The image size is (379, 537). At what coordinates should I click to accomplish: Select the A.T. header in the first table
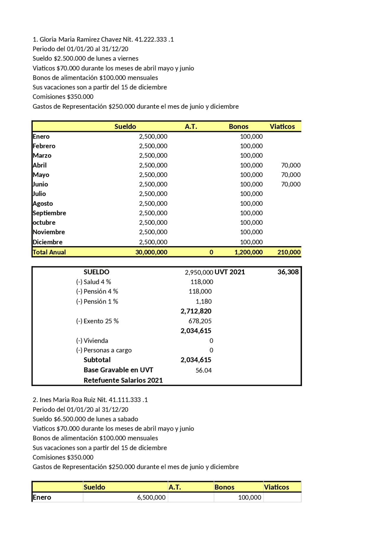coord(191,127)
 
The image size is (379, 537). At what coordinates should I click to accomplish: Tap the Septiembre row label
coord(49,213)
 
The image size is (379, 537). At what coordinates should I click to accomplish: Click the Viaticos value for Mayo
coord(291,175)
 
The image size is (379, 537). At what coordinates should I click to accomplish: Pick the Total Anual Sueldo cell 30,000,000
coord(151,252)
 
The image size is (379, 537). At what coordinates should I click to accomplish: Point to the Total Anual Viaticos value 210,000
coord(289,252)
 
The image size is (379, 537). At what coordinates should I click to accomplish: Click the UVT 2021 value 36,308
coord(288,272)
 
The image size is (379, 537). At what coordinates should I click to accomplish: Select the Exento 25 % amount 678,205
coord(200,321)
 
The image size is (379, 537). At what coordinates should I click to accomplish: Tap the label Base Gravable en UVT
coord(118,370)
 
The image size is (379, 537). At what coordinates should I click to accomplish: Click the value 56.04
coord(203,370)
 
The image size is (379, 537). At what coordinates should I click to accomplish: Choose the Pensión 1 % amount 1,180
coord(203,301)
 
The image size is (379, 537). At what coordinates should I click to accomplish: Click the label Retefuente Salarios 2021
coord(123,380)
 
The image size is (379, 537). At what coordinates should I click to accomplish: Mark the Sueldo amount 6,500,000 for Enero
coord(151,497)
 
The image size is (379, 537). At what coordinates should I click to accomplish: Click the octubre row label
coord(44,222)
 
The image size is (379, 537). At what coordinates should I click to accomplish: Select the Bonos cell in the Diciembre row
coord(251,242)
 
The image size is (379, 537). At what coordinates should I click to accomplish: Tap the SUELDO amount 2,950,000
coord(199,272)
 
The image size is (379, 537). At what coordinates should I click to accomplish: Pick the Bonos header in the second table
coord(224,487)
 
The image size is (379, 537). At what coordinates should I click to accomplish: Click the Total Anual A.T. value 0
coord(211,252)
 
